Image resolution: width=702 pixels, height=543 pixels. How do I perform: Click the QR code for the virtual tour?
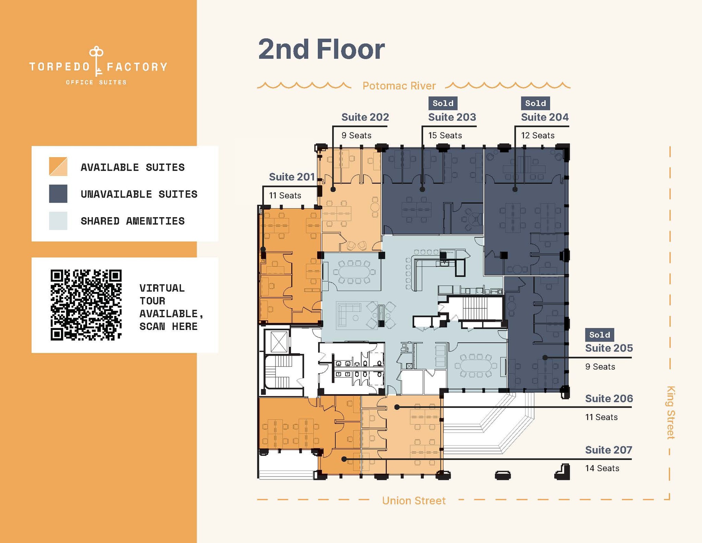tap(86, 305)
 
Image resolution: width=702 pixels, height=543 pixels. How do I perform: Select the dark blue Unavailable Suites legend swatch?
tap(58, 194)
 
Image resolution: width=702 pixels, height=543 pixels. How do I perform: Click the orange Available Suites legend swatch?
tap(58, 167)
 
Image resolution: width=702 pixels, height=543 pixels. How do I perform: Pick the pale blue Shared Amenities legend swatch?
tap(58, 221)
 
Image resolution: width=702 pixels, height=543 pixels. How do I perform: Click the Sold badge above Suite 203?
tap(443, 103)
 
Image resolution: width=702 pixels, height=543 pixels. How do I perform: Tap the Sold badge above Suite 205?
tap(599, 335)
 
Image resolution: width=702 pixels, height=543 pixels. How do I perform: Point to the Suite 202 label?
tap(365, 117)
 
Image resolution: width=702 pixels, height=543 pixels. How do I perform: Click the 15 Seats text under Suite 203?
tap(445, 135)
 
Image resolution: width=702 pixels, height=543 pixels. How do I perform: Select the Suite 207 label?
tap(608, 450)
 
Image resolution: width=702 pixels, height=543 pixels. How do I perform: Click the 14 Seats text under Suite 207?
tap(602, 468)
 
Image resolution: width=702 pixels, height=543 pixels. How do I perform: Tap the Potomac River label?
tap(399, 86)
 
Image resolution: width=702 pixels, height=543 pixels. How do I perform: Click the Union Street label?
tap(413, 501)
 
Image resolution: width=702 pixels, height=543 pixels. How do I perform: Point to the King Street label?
tap(670, 412)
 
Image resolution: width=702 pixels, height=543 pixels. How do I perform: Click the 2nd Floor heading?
tap(321, 49)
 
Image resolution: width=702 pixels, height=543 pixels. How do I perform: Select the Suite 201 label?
tap(291, 177)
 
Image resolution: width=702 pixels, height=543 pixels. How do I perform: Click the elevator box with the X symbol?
tap(278, 342)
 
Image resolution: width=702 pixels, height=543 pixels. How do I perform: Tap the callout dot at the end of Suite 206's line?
tap(397, 407)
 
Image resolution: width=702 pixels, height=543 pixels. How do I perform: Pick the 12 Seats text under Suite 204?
tap(537, 135)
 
